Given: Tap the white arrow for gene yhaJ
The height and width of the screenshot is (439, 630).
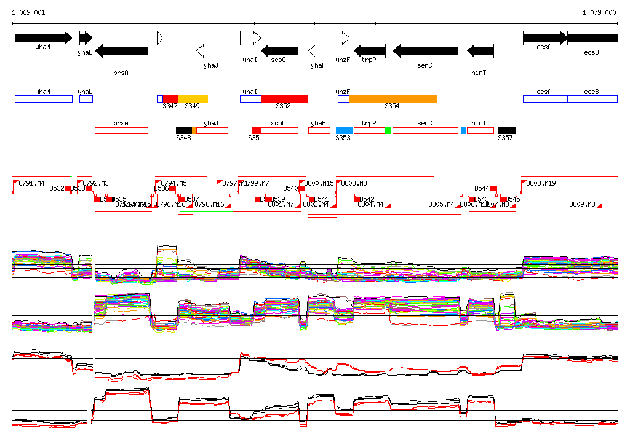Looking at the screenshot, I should pos(211,51).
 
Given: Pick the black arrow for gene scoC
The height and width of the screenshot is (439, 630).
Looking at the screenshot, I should pos(280,51).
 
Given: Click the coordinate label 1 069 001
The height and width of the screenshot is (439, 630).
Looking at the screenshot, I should pos(28,12).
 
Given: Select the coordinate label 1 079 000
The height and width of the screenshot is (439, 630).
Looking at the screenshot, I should pos(599,12).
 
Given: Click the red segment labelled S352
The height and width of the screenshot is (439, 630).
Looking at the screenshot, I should pos(284,99).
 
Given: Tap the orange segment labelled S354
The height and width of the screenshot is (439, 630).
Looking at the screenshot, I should pos(393,99).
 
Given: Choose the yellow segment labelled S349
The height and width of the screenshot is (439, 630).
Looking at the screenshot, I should pos(193,99).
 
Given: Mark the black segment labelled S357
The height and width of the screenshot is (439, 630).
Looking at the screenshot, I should pos(507,130).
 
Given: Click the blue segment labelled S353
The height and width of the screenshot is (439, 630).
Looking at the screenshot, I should pos(344,130).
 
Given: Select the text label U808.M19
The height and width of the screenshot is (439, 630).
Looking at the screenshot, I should pos(541,183).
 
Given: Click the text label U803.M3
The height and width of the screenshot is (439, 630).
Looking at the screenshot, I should pos(354,183).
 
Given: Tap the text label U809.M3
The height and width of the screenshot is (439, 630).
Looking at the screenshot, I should pos(582,204).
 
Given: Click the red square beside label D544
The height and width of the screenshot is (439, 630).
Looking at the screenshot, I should pos(493,188).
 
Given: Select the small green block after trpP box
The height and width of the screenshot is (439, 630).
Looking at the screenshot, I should pos(388,130).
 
